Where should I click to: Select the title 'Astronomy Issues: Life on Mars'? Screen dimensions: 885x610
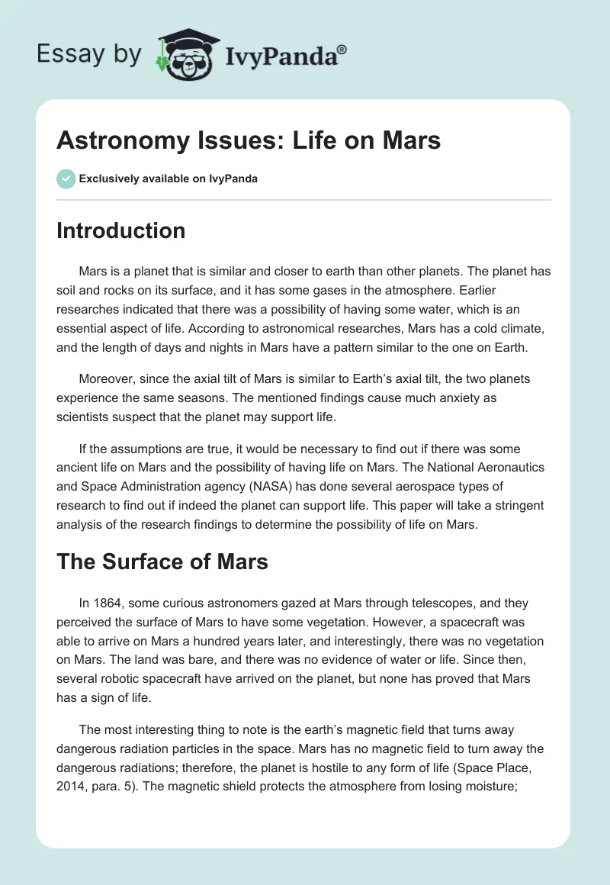[249, 140]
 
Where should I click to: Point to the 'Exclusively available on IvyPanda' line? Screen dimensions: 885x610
[169, 179]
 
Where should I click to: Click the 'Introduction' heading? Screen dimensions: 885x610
[120, 230]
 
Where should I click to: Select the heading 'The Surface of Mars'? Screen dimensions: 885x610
[162, 562]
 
